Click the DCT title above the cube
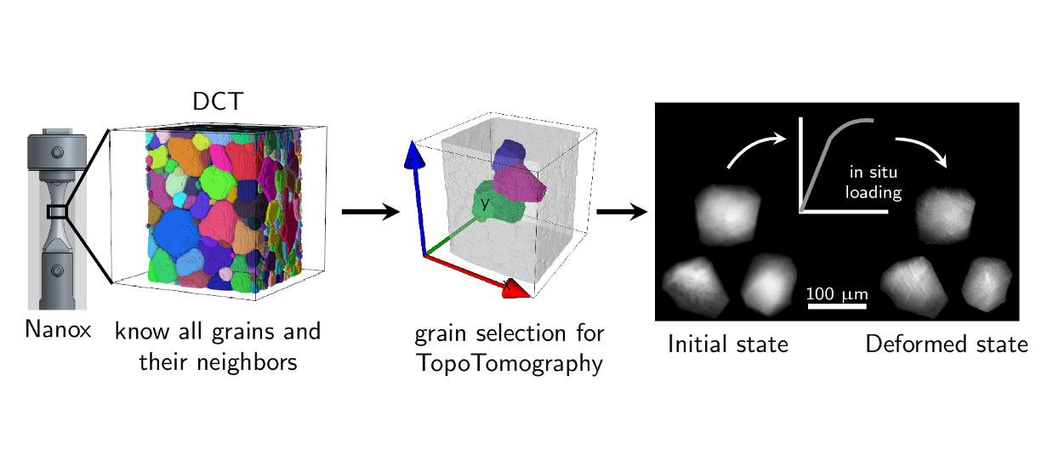217,101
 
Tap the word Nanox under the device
58,328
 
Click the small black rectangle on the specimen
57,212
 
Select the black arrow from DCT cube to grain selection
370,212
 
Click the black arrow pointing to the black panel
624,212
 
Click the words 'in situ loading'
873,183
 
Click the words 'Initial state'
728,344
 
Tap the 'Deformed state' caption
947,344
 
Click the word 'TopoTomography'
510,364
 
